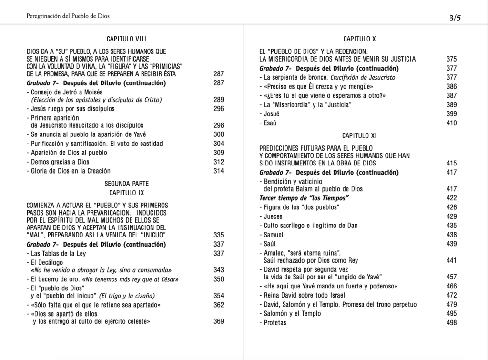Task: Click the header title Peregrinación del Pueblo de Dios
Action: pos(68,16)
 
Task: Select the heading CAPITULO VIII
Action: pos(126,38)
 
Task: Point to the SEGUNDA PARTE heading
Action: pos(126,183)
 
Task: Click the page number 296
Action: pos(219,108)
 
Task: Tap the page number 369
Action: pos(219,321)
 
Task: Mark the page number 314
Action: pos(219,171)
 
